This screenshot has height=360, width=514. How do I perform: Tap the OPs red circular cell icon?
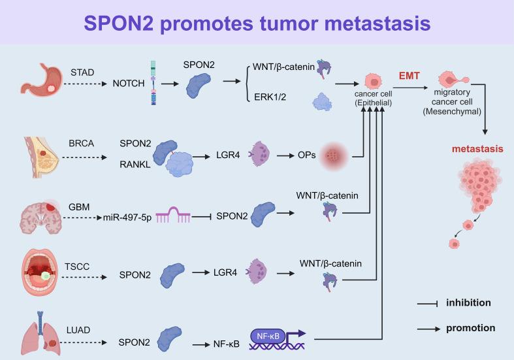click(x=334, y=158)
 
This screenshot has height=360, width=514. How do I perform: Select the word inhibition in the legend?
click(x=468, y=303)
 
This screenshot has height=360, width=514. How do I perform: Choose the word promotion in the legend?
click(x=470, y=328)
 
